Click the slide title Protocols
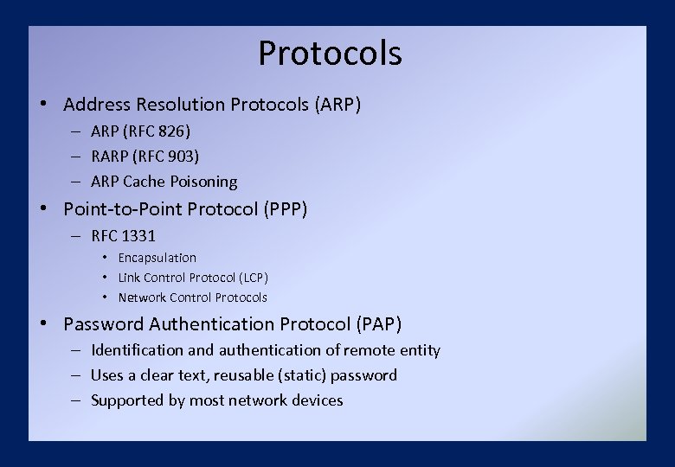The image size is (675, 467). tap(330, 53)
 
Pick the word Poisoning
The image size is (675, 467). tap(204, 182)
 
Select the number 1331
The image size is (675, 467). tap(139, 235)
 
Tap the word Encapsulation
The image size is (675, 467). tap(157, 258)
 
